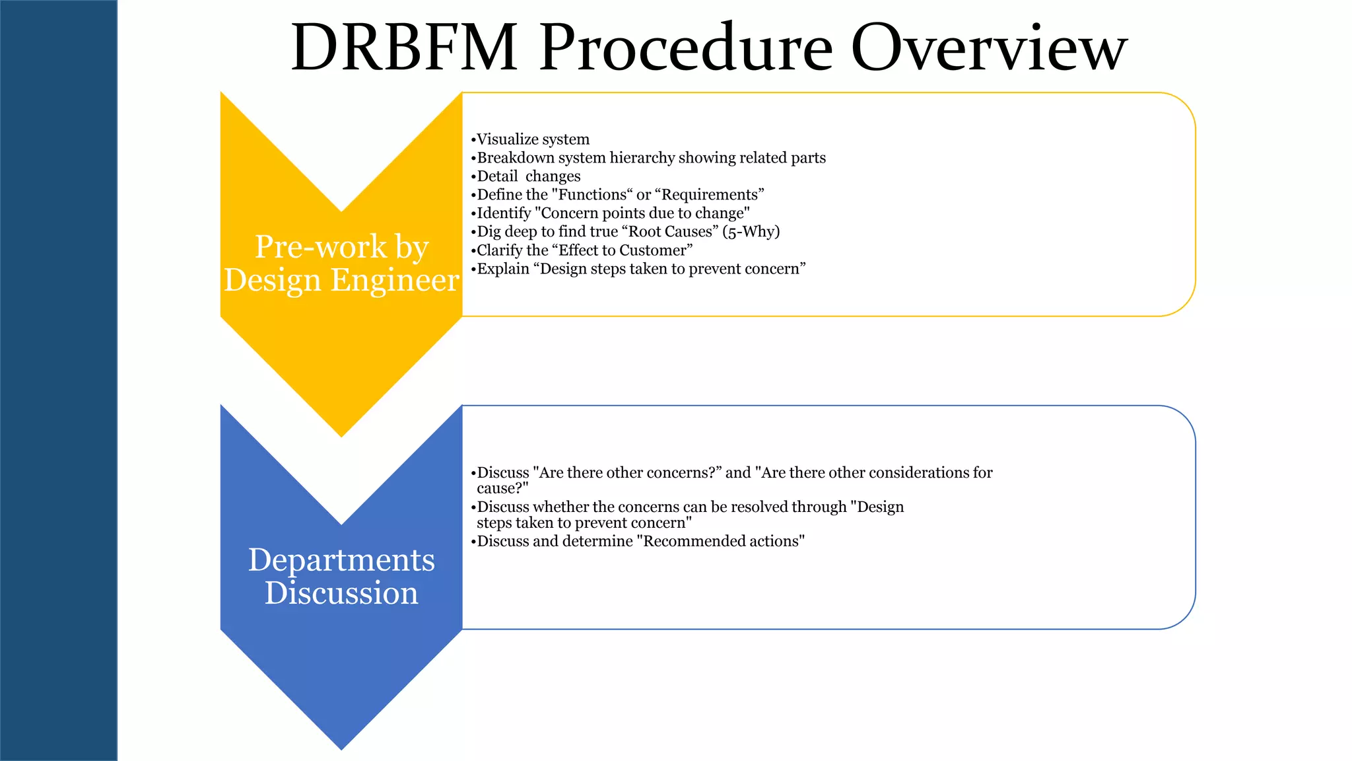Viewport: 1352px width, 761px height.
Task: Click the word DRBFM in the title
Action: tap(404, 48)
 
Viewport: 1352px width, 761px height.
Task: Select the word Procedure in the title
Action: tap(686, 48)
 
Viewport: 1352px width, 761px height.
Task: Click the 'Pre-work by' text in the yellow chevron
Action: tap(342, 247)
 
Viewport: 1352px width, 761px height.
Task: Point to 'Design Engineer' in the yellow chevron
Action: tap(341, 280)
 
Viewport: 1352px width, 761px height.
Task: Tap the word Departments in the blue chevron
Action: tap(341, 560)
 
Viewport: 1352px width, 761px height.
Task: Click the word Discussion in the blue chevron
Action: tap(341, 593)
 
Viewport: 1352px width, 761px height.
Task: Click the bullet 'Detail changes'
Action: tap(528, 176)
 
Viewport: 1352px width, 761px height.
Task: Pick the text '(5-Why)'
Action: tap(751, 232)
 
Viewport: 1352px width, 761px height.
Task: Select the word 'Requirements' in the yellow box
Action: tap(710, 195)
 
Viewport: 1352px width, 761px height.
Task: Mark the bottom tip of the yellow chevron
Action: tap(341, 435)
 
